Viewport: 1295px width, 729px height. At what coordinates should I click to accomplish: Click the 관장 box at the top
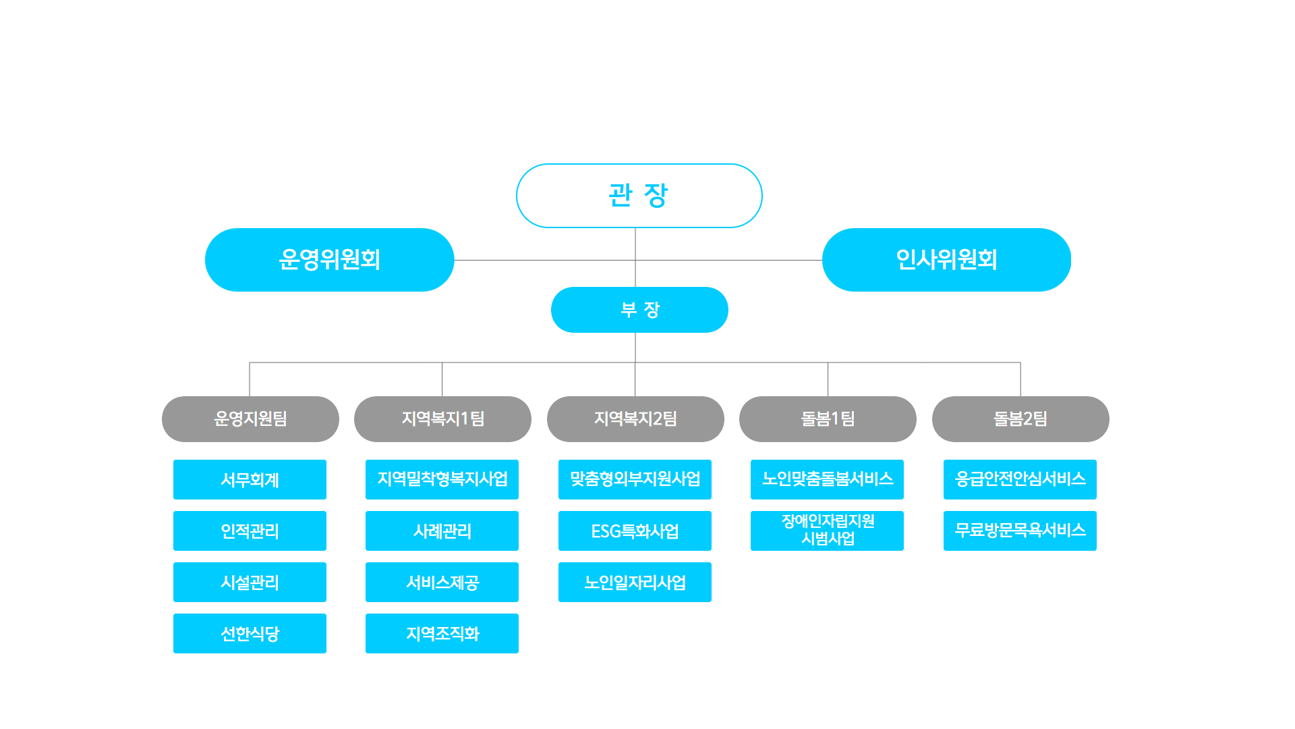coord(639,196)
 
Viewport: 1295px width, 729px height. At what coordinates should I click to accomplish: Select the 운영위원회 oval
coord(329,260)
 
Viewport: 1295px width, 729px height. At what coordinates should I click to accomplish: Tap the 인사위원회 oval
coord(946,260)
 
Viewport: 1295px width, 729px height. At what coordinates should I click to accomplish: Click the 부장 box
coord(639,310)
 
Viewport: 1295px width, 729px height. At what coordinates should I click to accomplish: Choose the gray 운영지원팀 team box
coord(250,419)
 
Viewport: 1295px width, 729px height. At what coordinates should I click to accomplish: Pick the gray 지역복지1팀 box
coord(442,419)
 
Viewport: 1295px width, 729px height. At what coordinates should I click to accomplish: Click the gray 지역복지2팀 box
coord(635,419)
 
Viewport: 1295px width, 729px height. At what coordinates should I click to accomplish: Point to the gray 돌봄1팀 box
coord(828,419)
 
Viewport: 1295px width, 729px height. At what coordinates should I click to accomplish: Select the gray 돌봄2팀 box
coord(1020,419)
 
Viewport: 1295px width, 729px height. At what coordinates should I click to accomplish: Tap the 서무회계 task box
coord(250,479)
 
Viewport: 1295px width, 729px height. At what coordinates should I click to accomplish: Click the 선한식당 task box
coord(250,633)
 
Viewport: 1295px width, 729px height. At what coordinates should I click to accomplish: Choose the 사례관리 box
coord(442,531)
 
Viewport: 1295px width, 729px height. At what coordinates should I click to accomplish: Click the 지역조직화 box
coord(442,633)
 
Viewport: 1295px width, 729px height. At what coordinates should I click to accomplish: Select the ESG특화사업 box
coord(635,531)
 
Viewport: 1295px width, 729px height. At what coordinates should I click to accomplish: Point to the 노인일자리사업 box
coord(635,582)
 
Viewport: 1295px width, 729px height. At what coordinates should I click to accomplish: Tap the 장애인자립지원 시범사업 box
coord(827,531)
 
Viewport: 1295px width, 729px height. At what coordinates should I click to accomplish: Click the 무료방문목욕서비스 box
coord(1020,531)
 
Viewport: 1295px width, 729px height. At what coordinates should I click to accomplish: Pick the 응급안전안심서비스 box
coord(1020,479)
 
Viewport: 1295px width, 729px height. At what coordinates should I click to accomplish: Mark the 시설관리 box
coord(250,582)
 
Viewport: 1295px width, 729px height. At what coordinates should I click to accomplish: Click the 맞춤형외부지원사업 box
coord(635,479)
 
